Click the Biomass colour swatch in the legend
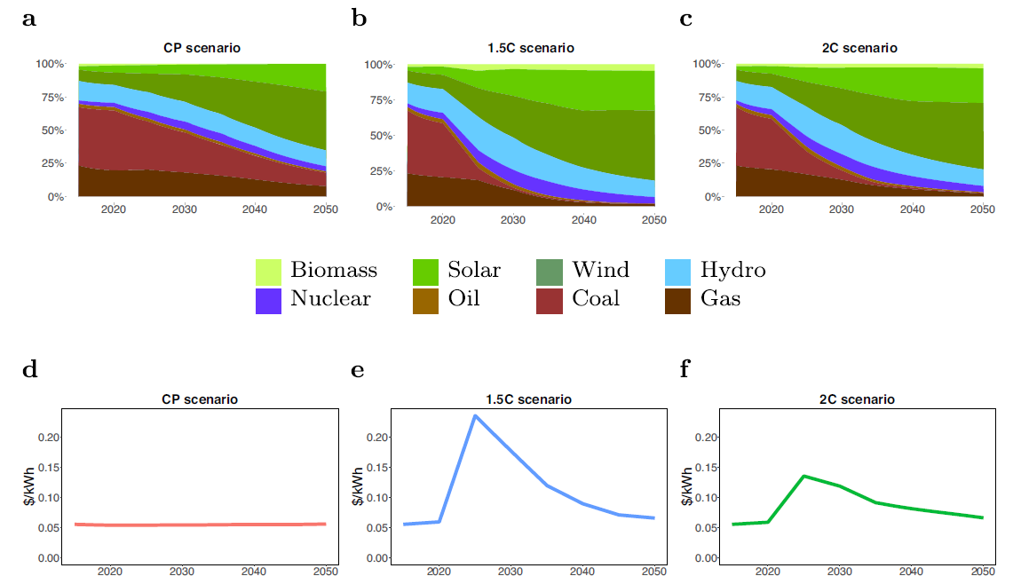268,272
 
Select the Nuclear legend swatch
268,301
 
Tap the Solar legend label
474,270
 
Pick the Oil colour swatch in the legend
426,301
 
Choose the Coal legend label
596,298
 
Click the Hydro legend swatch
677,272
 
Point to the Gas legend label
720,298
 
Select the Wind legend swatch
550,272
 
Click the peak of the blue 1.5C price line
475,415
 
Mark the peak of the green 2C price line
804,476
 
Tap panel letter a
28,19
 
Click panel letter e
358,370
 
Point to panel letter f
685,369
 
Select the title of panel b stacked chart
531,48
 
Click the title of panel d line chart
200,399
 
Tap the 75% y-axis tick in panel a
52,98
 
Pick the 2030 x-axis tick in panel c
842,209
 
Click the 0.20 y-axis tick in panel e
378,438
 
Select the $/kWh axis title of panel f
687,487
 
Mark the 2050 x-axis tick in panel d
326,571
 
